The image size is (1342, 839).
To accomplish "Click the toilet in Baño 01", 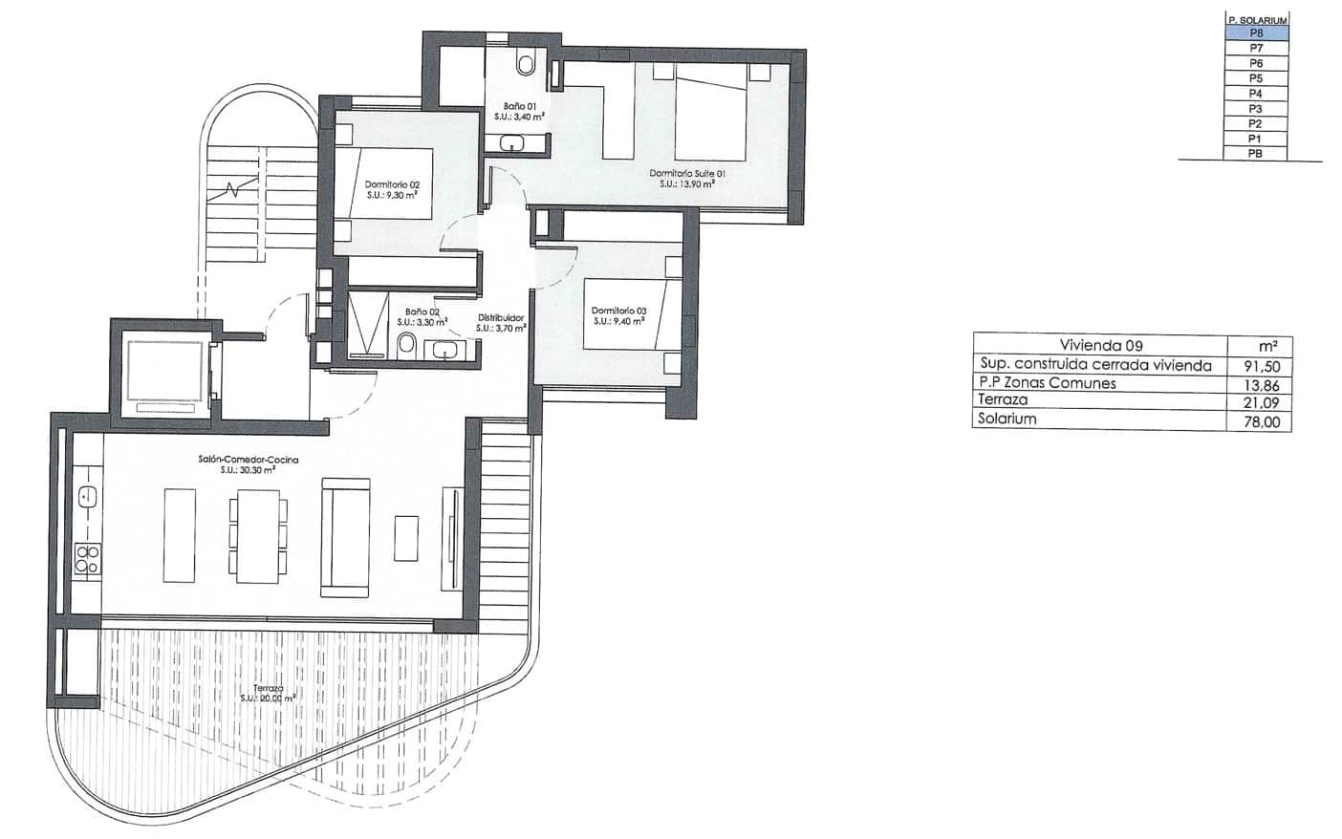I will [525, 64].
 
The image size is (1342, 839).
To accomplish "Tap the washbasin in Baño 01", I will [513, 144].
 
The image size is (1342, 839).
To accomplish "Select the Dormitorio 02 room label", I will [392, 189].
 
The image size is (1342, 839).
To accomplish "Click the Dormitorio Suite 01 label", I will [687, 178].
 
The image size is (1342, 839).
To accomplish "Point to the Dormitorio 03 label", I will [618, 315].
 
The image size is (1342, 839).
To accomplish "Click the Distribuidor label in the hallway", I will [501, 323].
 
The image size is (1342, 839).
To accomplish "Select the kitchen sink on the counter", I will [86, 496].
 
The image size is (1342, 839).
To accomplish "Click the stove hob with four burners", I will [87, 558].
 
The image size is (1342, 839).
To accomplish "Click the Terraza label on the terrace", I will [268, 693].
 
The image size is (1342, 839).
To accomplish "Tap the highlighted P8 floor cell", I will [1256, 32].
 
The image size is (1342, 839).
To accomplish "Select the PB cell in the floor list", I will [1256, 153].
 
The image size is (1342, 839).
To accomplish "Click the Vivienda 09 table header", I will [1100, 346].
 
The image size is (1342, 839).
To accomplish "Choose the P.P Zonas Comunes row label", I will [1048, 383].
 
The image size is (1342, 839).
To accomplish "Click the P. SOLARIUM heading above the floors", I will [1257, 19].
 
